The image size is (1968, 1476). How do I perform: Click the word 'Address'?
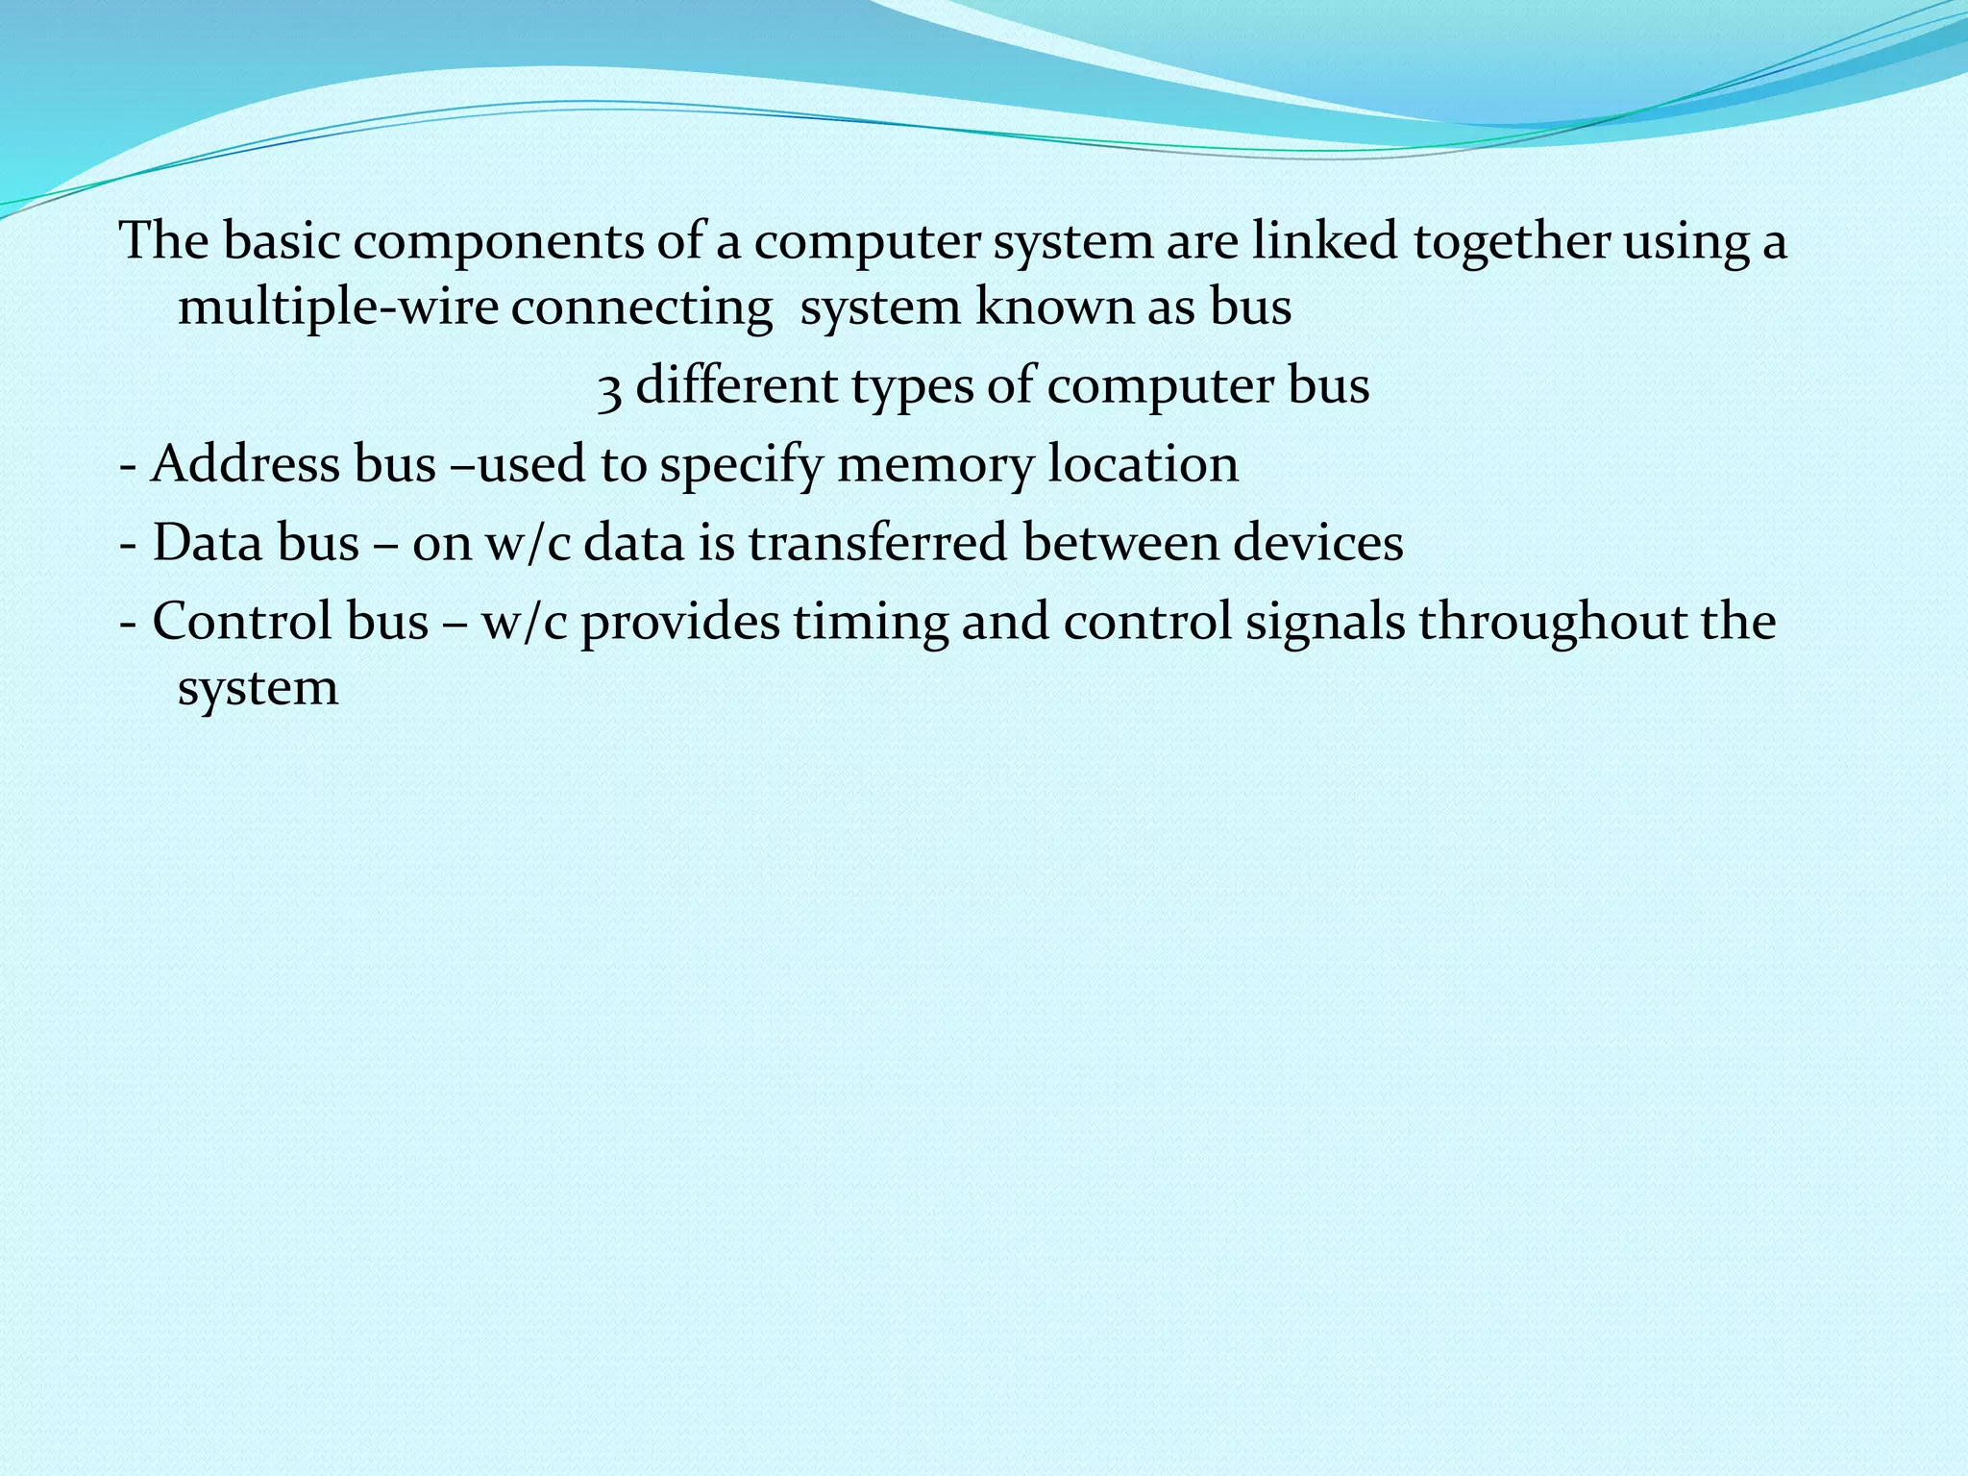pyautogui.click(x=246, y=464)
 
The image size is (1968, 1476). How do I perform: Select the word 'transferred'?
pyautogui.click(x=877, y=543)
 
